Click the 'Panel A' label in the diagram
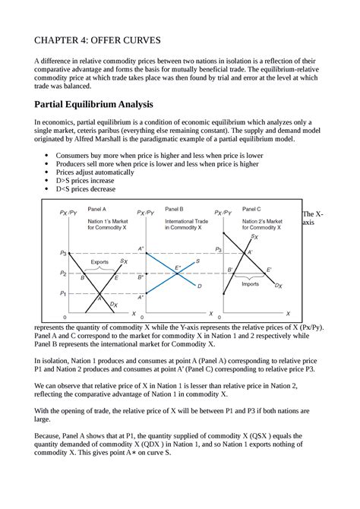[x=97, y=208]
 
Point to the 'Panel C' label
[x=251, y=208]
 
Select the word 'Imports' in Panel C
[x=250, y=284]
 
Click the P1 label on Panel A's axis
[x=63, y=292]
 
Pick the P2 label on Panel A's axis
[x=63, y=272]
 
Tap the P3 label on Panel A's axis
[x=63, y=251]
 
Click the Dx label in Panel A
[x=114, y=305]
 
